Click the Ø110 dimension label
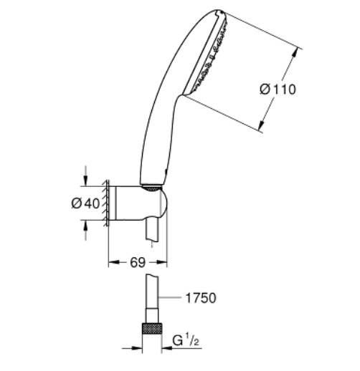(x=278, y=90)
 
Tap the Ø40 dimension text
(x=85, y=203)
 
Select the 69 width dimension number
(x=138, y=262)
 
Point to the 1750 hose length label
(x=201, y=298)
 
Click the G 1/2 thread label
(x=186, y=340)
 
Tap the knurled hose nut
(x=152, y=329)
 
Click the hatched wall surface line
(x=108, y=203)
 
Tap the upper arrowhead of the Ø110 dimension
(x=296, y=52)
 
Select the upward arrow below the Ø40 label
(x=85, y=230)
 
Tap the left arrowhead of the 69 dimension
(x=114, y=262)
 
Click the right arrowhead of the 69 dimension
(x=162, y=262)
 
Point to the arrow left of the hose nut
(x=132, y=348)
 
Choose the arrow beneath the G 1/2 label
(x=181, y=348)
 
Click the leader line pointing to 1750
(x=170, y=298)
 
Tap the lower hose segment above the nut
(x=152, y=316)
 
